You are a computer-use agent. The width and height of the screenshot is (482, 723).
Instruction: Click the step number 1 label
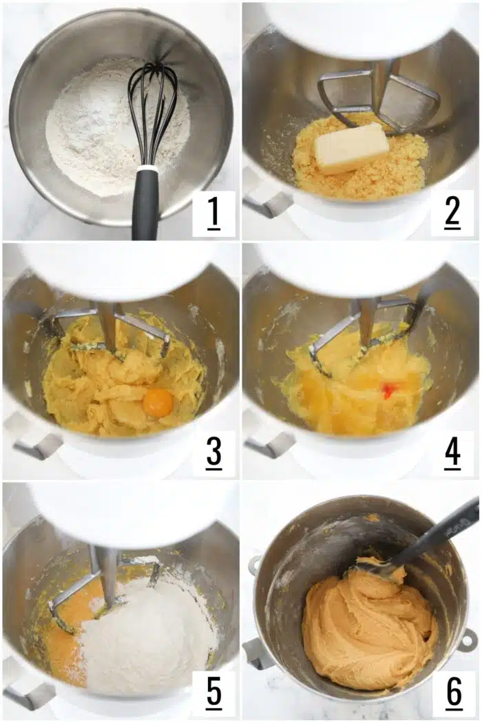(x=213, y=213)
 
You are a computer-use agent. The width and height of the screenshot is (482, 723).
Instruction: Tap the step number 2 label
(x=452, y=213)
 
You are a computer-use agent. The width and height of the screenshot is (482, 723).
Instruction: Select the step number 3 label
(x=213, y=454)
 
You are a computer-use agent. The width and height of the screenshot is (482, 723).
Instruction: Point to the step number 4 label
(x=452, y=454)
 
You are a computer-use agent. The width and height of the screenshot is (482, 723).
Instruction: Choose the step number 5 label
(x=213, y=693)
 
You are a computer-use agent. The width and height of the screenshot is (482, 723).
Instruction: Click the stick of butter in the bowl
(x=351, y=147)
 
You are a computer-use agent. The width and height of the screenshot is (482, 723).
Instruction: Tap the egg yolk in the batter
(x=158, y=402)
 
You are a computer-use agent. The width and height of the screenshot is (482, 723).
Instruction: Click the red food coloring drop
(x=389, y=390)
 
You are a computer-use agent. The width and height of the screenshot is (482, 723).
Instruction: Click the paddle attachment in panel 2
(x=379, y=96)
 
